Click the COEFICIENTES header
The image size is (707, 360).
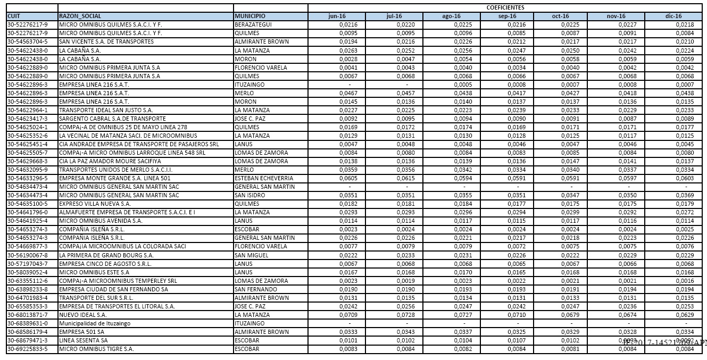505,7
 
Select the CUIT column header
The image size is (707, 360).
13,16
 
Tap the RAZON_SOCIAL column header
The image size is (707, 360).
80,16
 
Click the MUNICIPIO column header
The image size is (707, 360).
250,16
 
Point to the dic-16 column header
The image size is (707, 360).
673,16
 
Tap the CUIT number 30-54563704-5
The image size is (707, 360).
28,42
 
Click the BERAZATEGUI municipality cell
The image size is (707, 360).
253,25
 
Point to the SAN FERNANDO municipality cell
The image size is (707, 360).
256,289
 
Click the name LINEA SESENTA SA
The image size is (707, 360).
84,340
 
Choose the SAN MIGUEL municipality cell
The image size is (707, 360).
251,255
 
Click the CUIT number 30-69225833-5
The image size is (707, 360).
28,349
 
